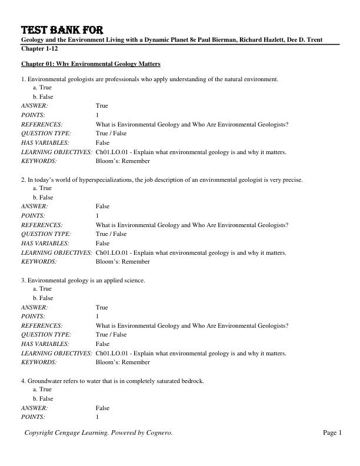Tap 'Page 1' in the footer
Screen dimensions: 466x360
point(332,433)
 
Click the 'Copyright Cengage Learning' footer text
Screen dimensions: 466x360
point(98,433)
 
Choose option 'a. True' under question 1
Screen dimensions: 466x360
point(42,87)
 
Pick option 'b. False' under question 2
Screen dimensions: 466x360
point(43,197)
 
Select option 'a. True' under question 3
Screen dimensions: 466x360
point(42,289)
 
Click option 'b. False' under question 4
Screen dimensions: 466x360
point(43,399)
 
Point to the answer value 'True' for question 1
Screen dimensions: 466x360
point(102,106)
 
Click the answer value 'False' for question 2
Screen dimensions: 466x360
point(102,207)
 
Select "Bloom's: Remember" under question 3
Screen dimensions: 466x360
point(122,362)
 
